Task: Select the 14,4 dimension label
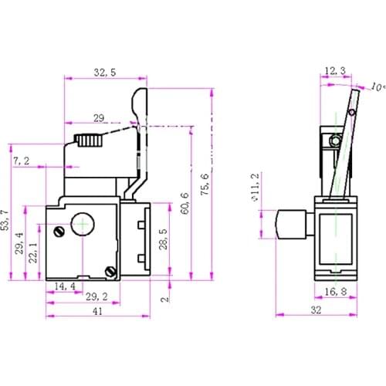65,286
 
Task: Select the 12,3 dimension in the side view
335,71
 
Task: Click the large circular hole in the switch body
82,225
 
